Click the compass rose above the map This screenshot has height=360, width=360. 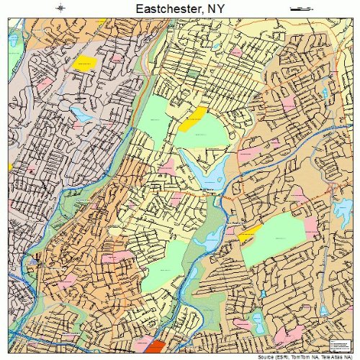coord(61,8)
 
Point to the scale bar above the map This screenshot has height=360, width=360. coord(298,8)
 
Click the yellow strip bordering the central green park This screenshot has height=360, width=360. coord(193,119)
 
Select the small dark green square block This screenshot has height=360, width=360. coord(192,73)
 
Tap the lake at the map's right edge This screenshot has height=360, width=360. coord(341,209)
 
